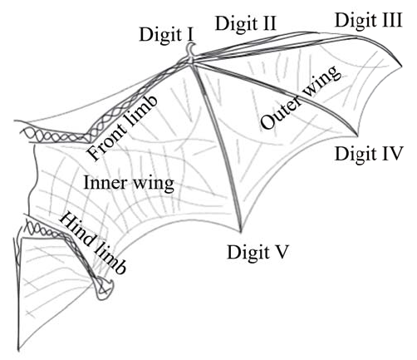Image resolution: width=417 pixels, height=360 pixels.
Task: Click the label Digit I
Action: tap(167, 34)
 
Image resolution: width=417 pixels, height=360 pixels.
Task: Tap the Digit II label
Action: tap(245, 23)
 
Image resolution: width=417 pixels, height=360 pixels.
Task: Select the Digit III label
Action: tap(367, 19)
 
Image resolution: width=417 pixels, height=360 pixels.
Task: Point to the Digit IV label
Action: tap(369, 153)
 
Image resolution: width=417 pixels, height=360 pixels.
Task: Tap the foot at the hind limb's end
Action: tap(105, 288)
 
